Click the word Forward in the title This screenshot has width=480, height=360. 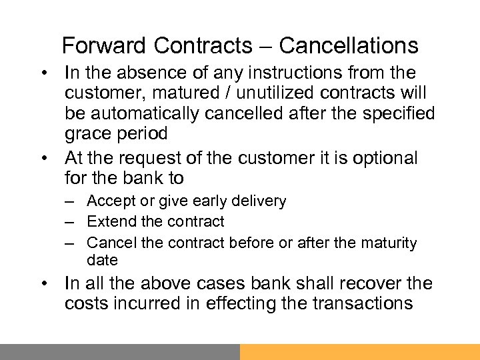coord(103,45)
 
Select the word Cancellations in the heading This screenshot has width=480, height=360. coord(349,45)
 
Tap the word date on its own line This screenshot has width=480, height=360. coord(102,260)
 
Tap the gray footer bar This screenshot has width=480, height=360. coord(120,351)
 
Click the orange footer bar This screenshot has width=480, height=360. coord(360,351)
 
